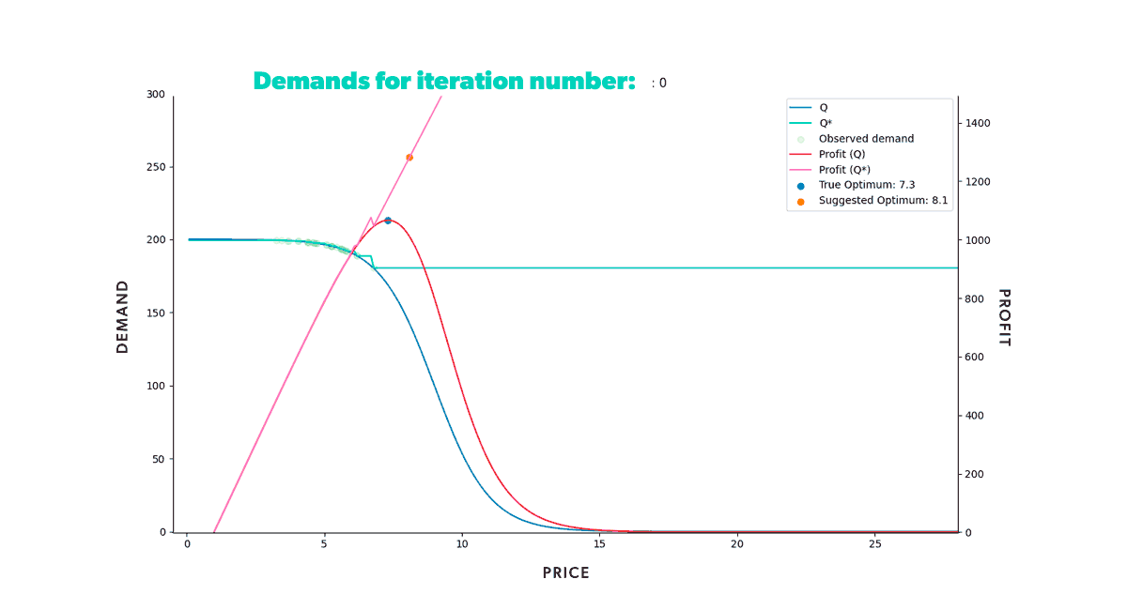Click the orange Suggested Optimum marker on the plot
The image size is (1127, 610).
pyautogui.click(x=409, y=158)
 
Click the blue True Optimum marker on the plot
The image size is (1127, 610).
pyautogui.click(x=388, y=221)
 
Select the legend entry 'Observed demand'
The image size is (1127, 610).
pyautogui.click(x=866, y=139)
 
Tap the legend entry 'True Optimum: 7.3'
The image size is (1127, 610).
pyautogui.click(x=866, y=185)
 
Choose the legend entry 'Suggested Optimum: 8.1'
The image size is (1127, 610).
pyautogui.click(x=883, y=201)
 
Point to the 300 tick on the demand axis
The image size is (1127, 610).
pyautogui.click(x=155, y=94)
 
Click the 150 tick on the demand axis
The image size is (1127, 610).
pyautogui.click(x=155, y=313)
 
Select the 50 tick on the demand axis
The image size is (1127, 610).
pyautogui.click(x=158, y=459)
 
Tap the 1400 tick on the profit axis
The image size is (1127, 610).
pyautogui.click(x=978, y=123)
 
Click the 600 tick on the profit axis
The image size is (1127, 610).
pyautogui.click(x=975, y=357)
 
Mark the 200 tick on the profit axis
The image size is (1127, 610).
pyautogui.click(x=975, y=474)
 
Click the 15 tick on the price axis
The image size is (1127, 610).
pyautogui.click(x=599, y=544)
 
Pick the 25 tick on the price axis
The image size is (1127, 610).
pyautogui.click(x=874, y=544)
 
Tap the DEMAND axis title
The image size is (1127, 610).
pyautogui.click(x=123, y=316)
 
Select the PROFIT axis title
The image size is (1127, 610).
pyautogui.click(x=1003, y=317)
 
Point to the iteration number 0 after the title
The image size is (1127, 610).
pyautogui.click(x=662, y=83)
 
